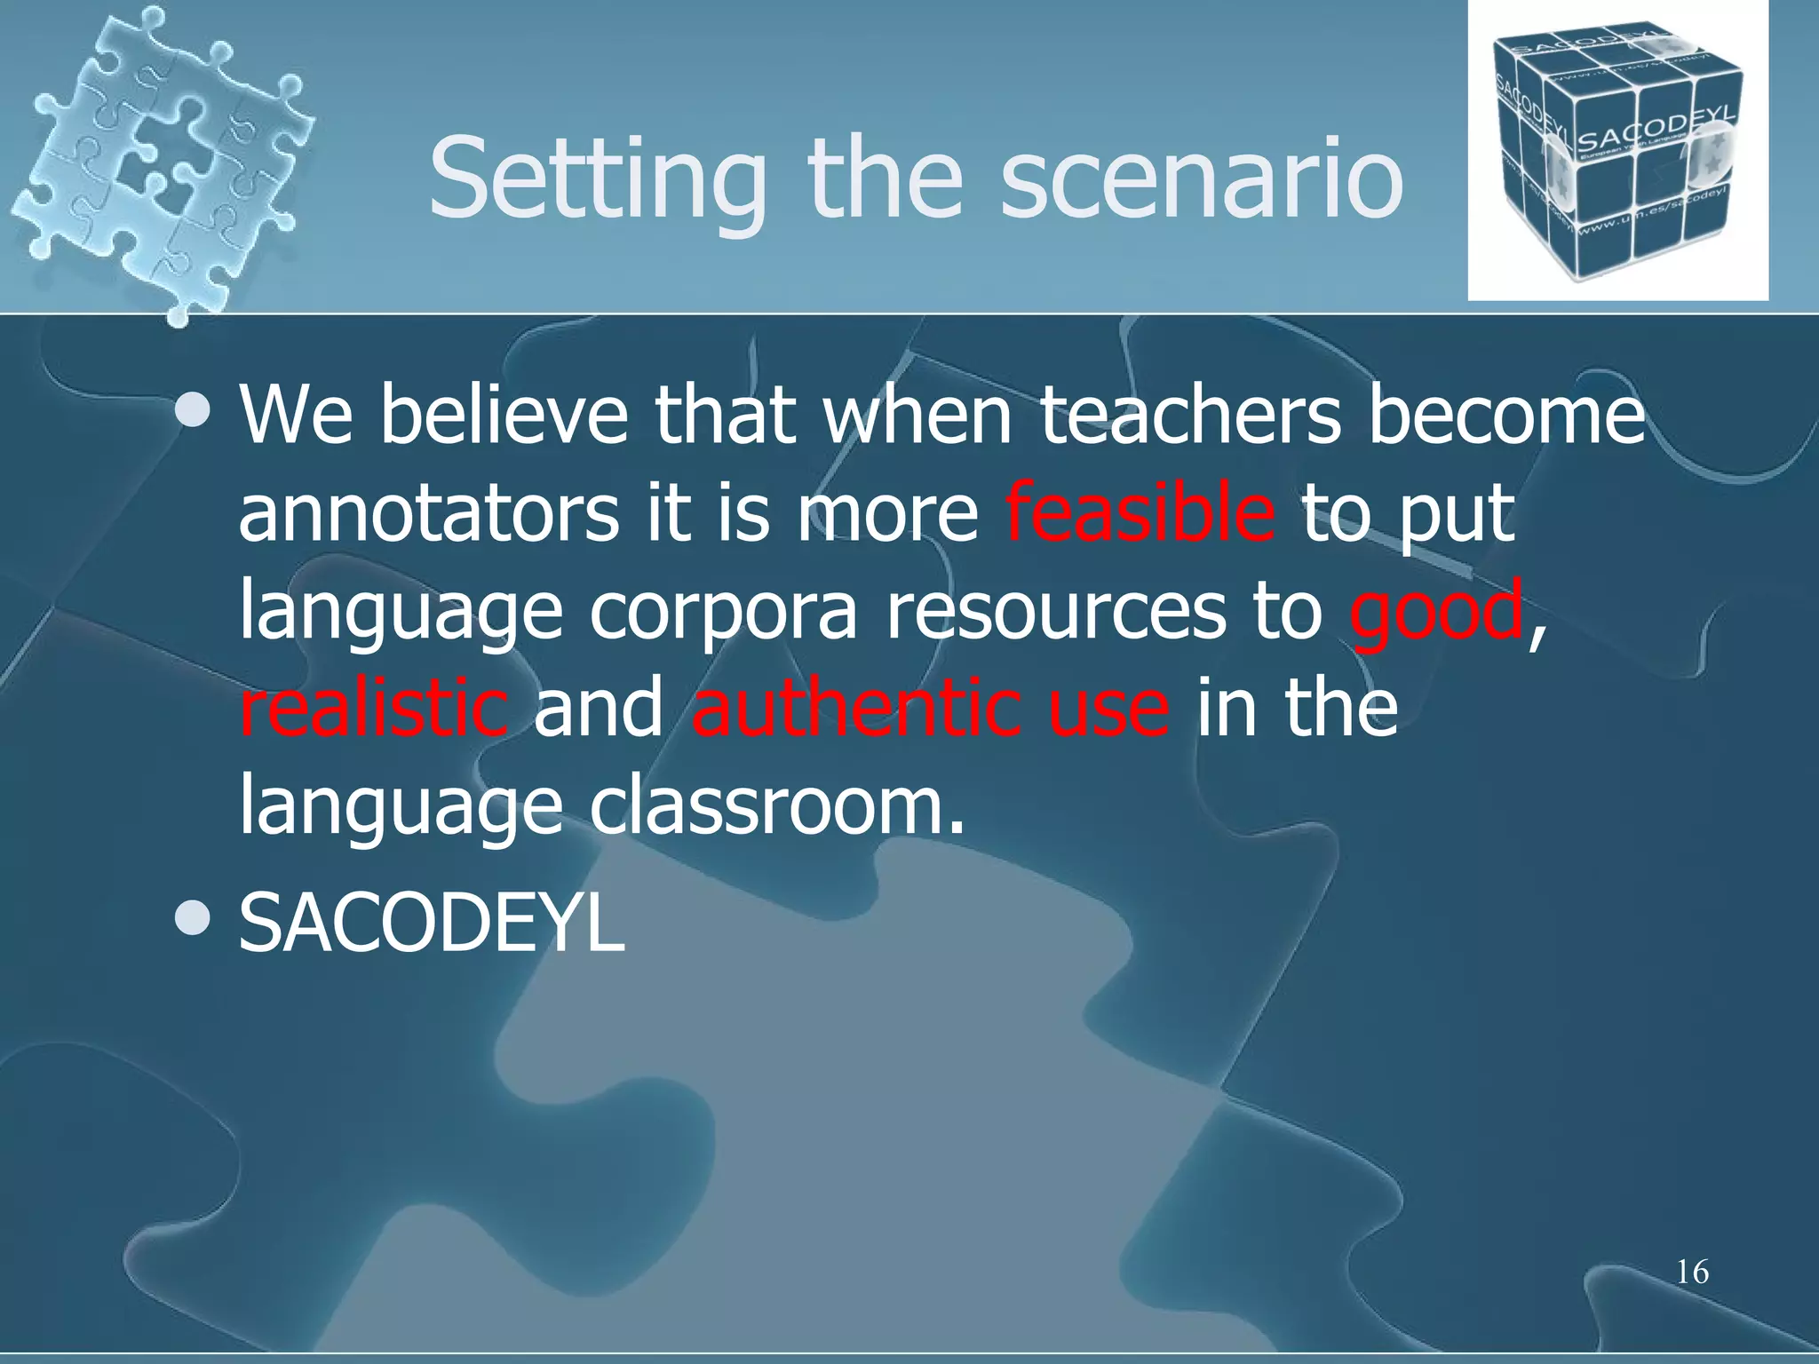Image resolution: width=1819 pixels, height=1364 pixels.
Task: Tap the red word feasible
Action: pyautogui.click(x=1140, y=513)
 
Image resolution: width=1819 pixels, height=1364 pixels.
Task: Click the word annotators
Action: pyautogui.click(x=428, y=513)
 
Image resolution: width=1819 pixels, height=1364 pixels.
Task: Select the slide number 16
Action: pyautogui.click(x=1692, y=1273)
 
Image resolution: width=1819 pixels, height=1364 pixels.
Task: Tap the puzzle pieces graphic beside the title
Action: pyautogui.click(x=164, y=160)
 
